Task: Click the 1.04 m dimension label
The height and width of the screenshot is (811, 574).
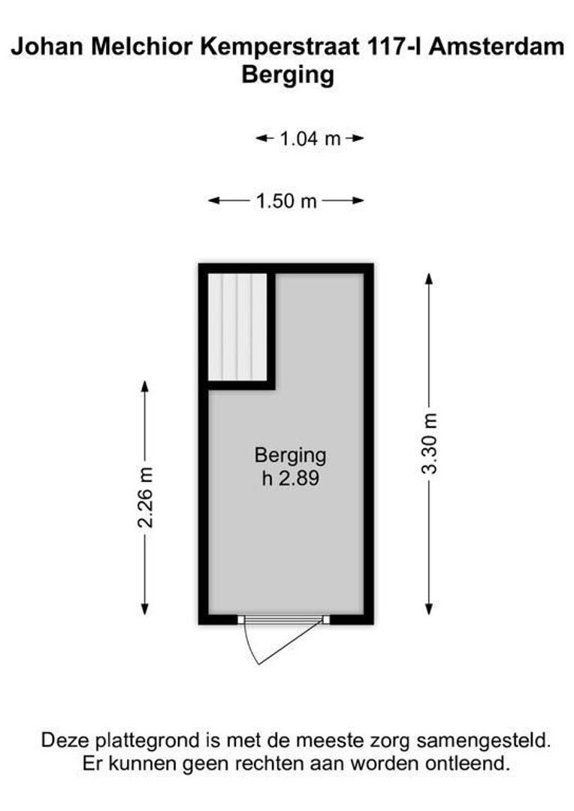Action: click(310, 138)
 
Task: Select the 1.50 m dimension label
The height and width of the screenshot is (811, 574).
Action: click(286, 200)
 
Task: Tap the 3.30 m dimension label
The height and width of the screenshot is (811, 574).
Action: click(429, 443)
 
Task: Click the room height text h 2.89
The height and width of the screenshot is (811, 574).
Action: click(290, 478)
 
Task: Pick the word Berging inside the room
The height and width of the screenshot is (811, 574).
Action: click(290, 455)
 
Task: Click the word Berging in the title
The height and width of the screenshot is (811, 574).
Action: click(287, 75)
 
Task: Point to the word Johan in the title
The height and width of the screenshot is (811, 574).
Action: click(44, 47)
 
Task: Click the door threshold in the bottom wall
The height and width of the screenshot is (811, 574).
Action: click(284, 620)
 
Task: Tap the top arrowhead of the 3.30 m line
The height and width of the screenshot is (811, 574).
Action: click(429, 278)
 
